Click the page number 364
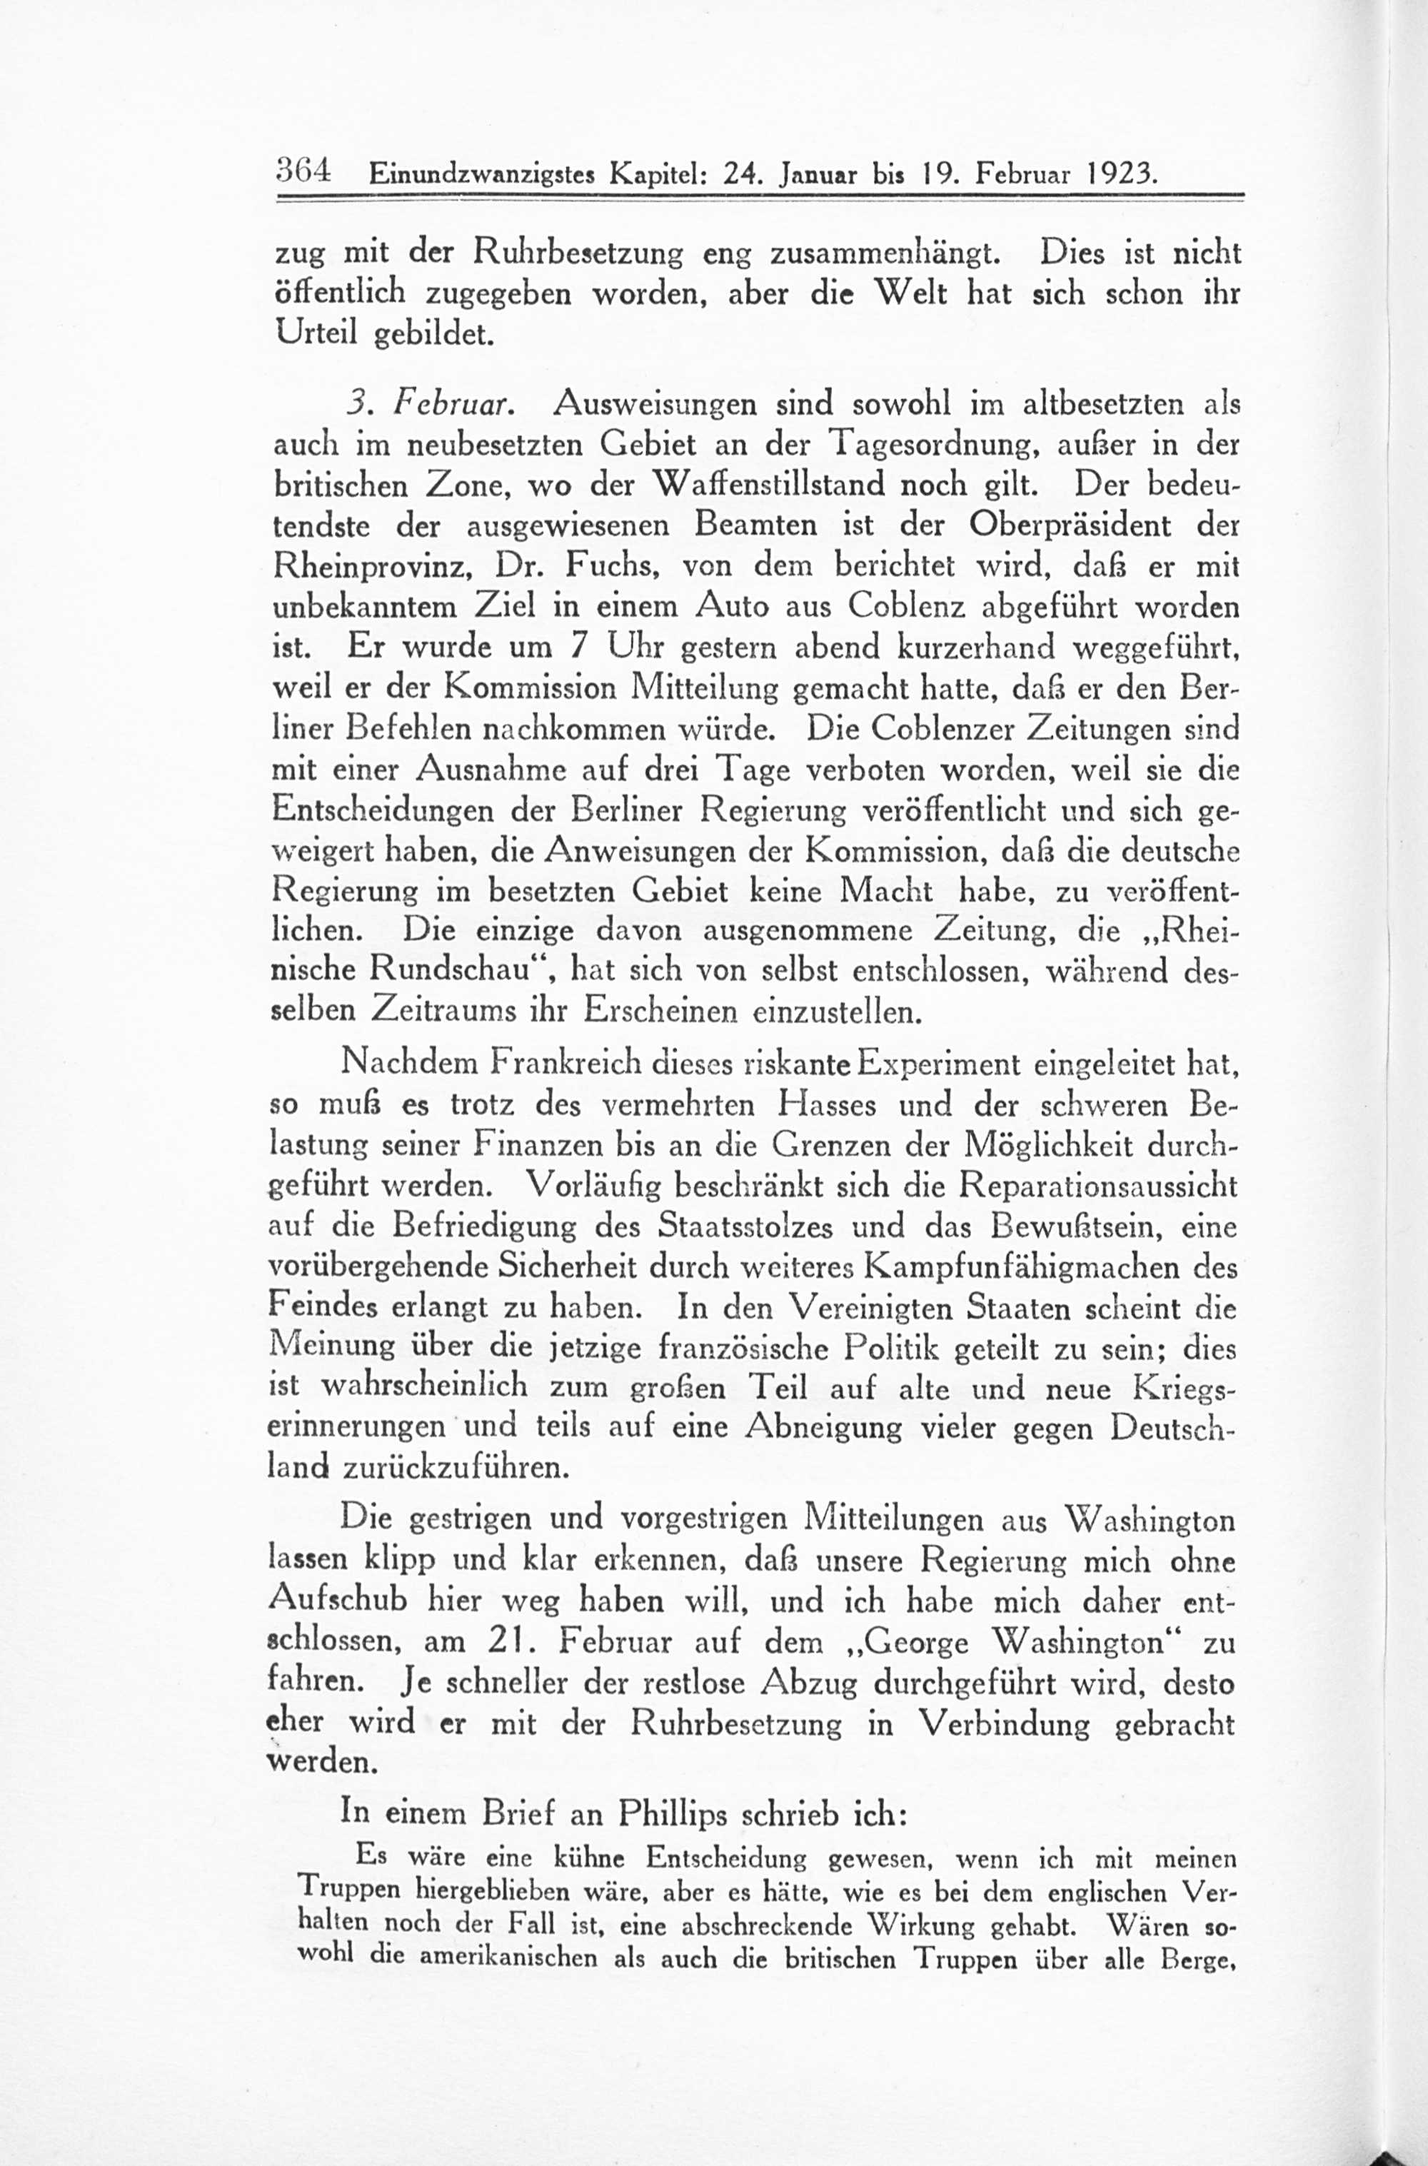[305, 170]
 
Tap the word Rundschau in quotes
[459, 970]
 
